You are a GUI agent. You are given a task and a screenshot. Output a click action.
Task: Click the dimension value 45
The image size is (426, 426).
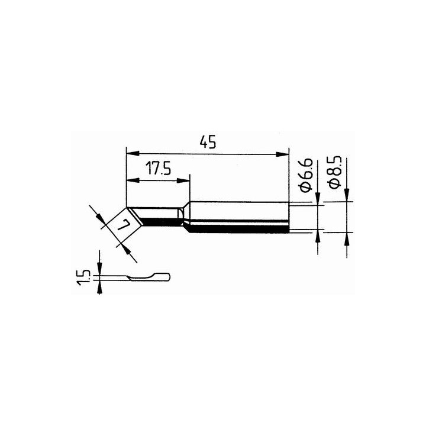coord(206,143)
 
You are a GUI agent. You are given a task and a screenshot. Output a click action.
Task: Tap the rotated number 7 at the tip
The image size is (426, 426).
coord(124,225)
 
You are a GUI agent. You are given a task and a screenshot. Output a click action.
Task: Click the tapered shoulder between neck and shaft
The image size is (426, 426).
coord(186,217)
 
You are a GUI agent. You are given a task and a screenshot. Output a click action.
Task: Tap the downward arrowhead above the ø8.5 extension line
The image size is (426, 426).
coord(346,195)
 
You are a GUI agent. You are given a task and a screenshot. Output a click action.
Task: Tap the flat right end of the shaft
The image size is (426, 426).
coord(289,217)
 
